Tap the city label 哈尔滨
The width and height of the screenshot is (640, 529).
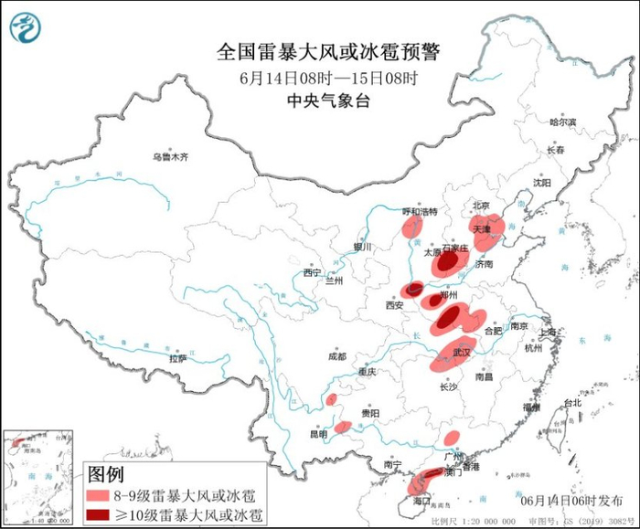(562, 122)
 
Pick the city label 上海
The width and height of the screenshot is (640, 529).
(549, 333)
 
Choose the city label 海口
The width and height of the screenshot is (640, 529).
(421, 502)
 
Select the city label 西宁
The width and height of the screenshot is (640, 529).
(312, 272)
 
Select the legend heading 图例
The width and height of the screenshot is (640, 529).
(105, 474)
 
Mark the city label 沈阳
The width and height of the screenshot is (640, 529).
(542, 182)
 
